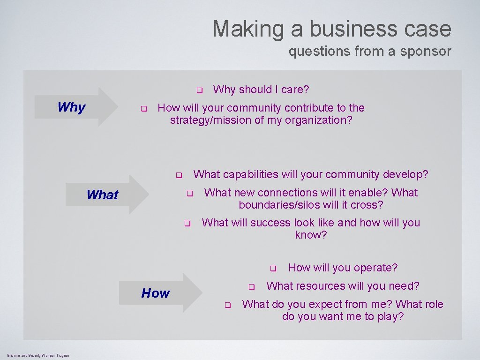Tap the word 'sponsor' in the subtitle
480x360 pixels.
pos(425,51)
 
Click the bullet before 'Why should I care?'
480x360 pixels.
pos(199,90)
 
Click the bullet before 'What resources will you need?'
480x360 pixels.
pos(251,286)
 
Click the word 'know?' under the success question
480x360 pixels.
pos(311,235)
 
